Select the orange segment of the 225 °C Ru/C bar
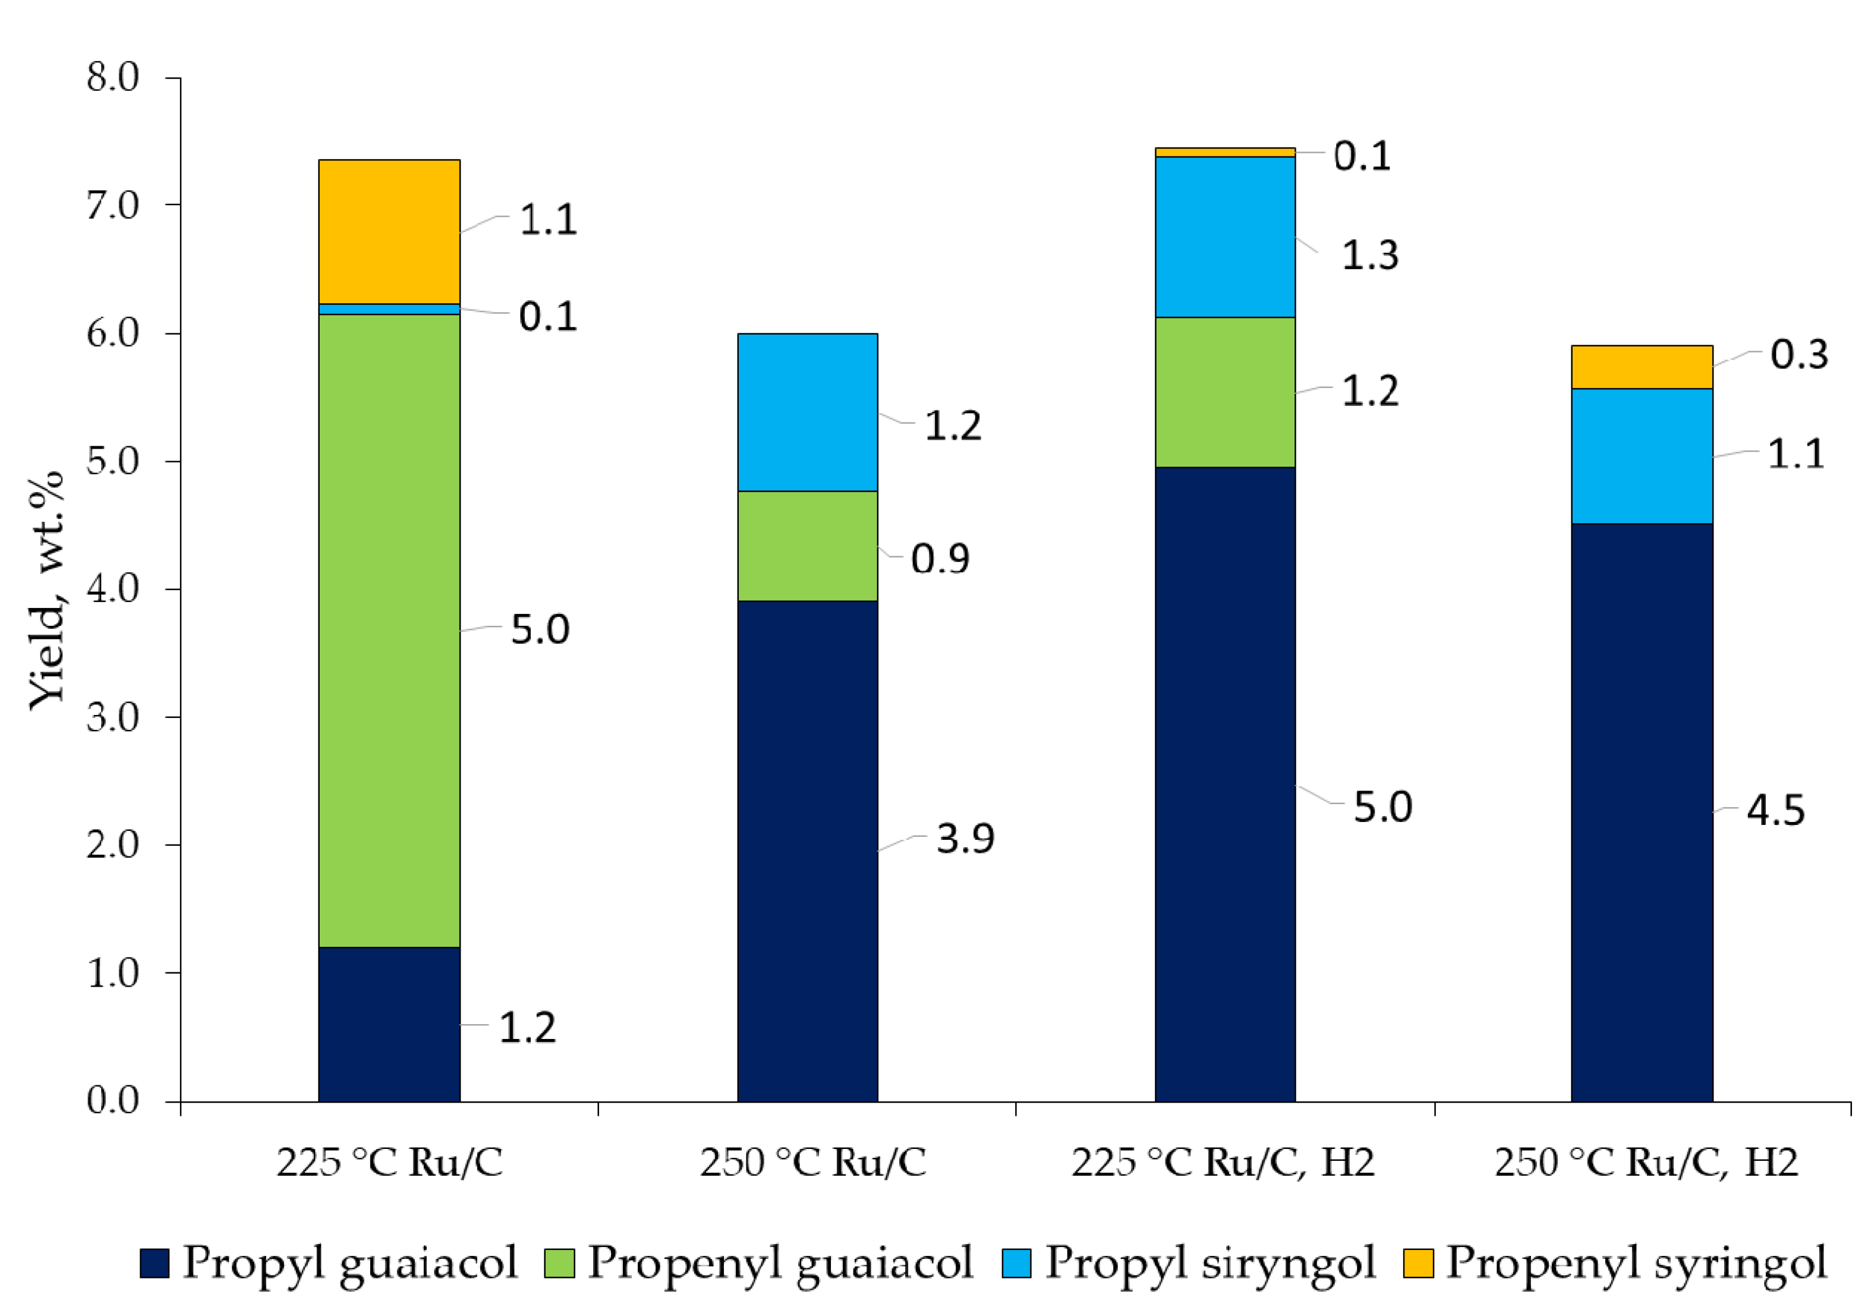(x=389, y=232)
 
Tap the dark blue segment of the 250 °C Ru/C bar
(x=807, y=851)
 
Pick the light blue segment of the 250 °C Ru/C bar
(x=807, y=412)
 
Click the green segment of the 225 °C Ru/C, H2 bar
(x=1225, y=391)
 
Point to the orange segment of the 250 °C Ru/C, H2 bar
(x=1641, y=367)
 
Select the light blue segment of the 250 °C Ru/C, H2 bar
(x=1641, y=456)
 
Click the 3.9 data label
(x=965, y=839)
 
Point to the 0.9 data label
(x=940, y=558)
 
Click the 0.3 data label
(x=1798, y=355)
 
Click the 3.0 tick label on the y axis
(x=114, y=717)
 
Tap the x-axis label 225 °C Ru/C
(x=389, y=1161)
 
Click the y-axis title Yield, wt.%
(x=46, y=590)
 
